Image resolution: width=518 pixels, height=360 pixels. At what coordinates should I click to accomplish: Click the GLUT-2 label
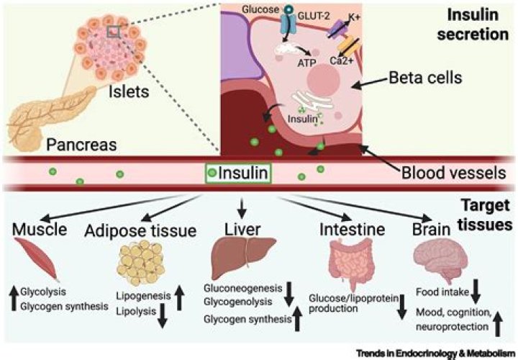click(314, 16)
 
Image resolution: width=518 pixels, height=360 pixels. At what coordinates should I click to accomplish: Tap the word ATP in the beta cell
click(306, 63)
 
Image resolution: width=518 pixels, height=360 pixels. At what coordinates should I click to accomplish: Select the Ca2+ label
click(342, 60)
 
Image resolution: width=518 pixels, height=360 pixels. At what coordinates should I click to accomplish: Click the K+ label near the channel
click(354, 17)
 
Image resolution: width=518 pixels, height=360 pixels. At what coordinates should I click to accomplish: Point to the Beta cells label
click(425, 78)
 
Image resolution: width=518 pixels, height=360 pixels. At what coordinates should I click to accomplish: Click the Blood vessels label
click(453, 173)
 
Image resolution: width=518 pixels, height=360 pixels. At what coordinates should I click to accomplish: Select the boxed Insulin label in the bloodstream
click(238, 173)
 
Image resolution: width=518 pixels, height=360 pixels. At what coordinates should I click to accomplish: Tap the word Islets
click(129, 91)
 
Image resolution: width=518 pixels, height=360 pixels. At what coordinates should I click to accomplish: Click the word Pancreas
click(81, 145)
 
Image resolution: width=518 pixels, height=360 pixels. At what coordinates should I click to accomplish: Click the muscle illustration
click(37, 259)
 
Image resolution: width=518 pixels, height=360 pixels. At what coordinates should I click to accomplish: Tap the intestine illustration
click(350, 265)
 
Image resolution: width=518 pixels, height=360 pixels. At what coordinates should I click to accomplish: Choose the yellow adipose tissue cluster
click(141, 263)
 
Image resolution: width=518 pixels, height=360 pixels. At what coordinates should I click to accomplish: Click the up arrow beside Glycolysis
click(14, 299)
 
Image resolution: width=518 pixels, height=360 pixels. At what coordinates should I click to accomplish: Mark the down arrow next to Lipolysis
click(162, 316)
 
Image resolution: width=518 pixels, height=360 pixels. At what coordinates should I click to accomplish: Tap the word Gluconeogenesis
click(243, 288)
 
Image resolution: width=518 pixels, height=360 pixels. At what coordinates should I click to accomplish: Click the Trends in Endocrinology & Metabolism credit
click(435, 353)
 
